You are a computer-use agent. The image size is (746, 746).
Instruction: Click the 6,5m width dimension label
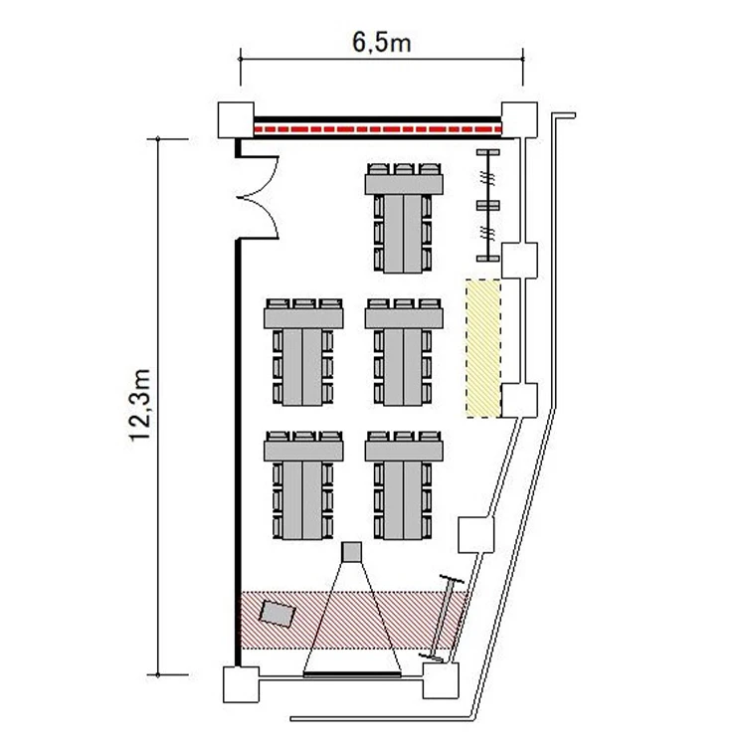pos(382,42)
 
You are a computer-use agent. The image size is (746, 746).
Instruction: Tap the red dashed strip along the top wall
pos(378,129)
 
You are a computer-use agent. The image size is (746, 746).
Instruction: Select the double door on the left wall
pos(258,197)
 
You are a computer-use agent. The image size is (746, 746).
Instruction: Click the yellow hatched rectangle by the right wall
pos(483,349)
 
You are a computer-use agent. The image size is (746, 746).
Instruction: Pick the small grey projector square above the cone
pos(351,552)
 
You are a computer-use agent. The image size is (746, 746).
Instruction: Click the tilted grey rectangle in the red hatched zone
pos(278,614)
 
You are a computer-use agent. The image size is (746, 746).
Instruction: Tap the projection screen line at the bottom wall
pos(352,674)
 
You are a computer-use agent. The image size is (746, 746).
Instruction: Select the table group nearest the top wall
pos(404,218)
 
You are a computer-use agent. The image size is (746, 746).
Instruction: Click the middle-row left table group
pos(303,352)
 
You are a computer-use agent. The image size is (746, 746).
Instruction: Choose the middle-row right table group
pos(404,352)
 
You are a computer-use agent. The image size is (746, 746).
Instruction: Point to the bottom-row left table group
pos(303,485)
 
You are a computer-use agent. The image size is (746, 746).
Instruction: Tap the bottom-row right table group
pos(404,485)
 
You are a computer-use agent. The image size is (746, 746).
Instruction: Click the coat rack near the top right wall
pos(488,205)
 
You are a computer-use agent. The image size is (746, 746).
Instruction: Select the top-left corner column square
pos(236,120)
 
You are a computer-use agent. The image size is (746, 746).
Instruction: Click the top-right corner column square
pos(519,120)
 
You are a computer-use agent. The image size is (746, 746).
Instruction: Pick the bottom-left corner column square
pos(242,684)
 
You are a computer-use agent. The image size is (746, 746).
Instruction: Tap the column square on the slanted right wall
pos(475,535)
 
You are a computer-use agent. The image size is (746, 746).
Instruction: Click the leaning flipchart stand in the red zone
pos(444,619)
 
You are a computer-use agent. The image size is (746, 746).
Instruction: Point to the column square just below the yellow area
pos(519,401)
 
